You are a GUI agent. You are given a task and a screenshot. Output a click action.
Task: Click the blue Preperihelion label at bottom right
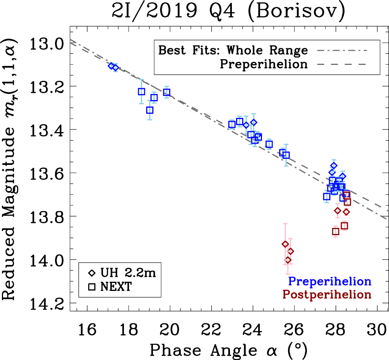[x=330, y=281]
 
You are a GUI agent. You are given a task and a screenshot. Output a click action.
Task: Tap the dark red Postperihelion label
[x=326, y=295]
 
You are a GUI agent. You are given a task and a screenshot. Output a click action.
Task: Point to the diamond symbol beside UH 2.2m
[x=92, y=273]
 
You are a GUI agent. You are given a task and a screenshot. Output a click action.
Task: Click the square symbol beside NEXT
[x=92, y=287]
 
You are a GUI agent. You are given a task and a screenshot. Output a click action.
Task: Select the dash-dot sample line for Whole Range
[x=341, y=50]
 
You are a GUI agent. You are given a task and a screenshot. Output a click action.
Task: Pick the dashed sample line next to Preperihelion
[x=341, y=64]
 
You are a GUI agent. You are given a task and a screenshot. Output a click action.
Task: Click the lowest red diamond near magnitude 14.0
[x=288, y=260]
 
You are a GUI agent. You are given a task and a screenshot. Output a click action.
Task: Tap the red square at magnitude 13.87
[x=336, y=231]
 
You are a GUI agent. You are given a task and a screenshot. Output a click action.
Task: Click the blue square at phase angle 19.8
[x=167, y=92]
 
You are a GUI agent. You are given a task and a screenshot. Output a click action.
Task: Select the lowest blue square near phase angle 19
[x=150, y=110]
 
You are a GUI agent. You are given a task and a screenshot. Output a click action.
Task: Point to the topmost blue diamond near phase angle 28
[x=334, y=165]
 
